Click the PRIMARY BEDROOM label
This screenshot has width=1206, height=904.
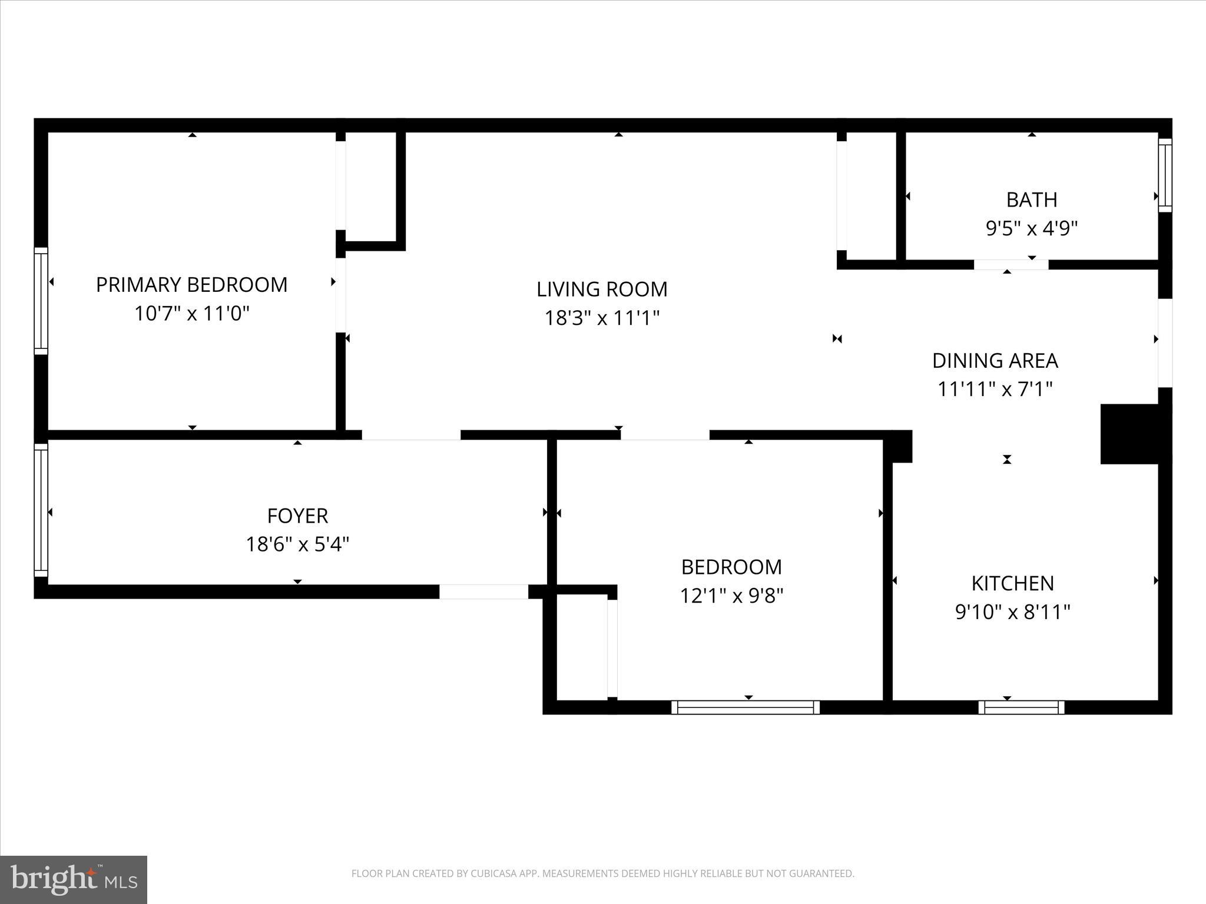point(191,285)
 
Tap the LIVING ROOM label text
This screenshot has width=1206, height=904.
point(602,289)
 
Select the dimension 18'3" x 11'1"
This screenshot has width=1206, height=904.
point(602,318)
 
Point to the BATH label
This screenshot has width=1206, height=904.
point(1032,200)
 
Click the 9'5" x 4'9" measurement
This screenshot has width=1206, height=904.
point(1032,228)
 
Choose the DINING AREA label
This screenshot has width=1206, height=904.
point(995,361)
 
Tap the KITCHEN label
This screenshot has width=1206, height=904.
point(1012,583)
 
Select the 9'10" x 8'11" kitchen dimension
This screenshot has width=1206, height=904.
point(1012,612)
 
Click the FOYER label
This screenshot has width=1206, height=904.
point(297,516)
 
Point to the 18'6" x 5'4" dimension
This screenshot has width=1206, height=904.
point(297,544)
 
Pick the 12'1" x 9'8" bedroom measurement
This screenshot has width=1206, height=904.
point(731,596)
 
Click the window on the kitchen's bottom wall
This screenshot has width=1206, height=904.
point(1021,707)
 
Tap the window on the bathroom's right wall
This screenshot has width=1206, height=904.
point(1165,175)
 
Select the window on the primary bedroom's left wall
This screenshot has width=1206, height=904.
point(41,301)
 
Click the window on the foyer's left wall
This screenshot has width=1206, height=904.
point(41,510)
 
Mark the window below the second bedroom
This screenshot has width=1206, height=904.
point(746,707)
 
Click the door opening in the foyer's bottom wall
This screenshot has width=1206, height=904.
point(483,591)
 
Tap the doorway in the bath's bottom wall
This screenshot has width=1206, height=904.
point(1011,265)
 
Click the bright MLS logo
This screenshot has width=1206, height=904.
point(74,879)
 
